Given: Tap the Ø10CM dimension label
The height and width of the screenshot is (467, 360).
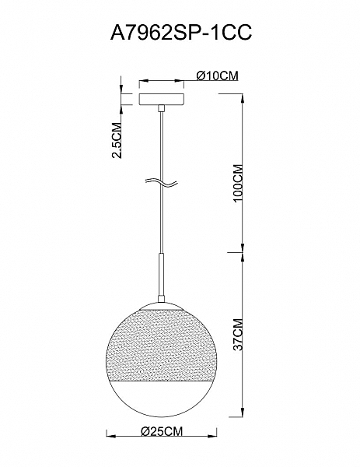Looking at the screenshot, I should tap(217, 75).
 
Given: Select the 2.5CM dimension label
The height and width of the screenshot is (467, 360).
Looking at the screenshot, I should tap(117, 140).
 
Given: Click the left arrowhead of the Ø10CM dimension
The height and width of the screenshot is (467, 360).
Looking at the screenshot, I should tap(142, 80).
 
